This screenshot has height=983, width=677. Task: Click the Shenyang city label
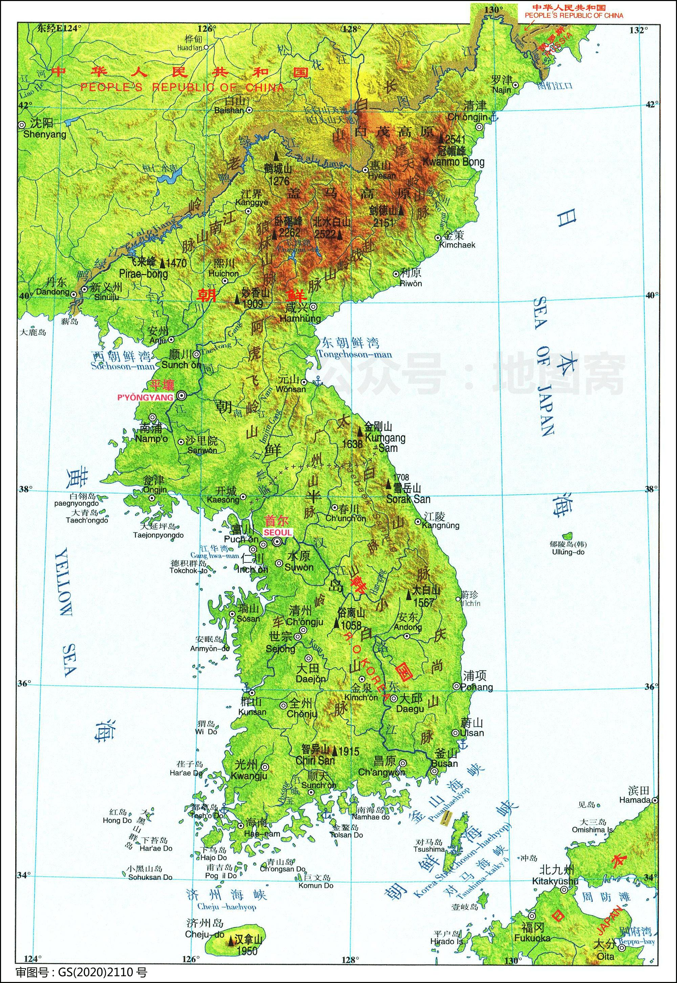point(45,135)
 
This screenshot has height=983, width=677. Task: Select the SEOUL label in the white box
point(278,532)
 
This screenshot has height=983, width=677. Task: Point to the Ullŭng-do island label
point(568,552)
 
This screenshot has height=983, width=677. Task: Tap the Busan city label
point(444,763)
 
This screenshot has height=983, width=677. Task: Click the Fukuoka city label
point(532,938)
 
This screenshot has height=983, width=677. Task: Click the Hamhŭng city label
point(301,318)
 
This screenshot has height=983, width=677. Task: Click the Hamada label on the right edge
point(635,800)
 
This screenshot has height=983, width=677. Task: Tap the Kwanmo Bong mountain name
point(454,161)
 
